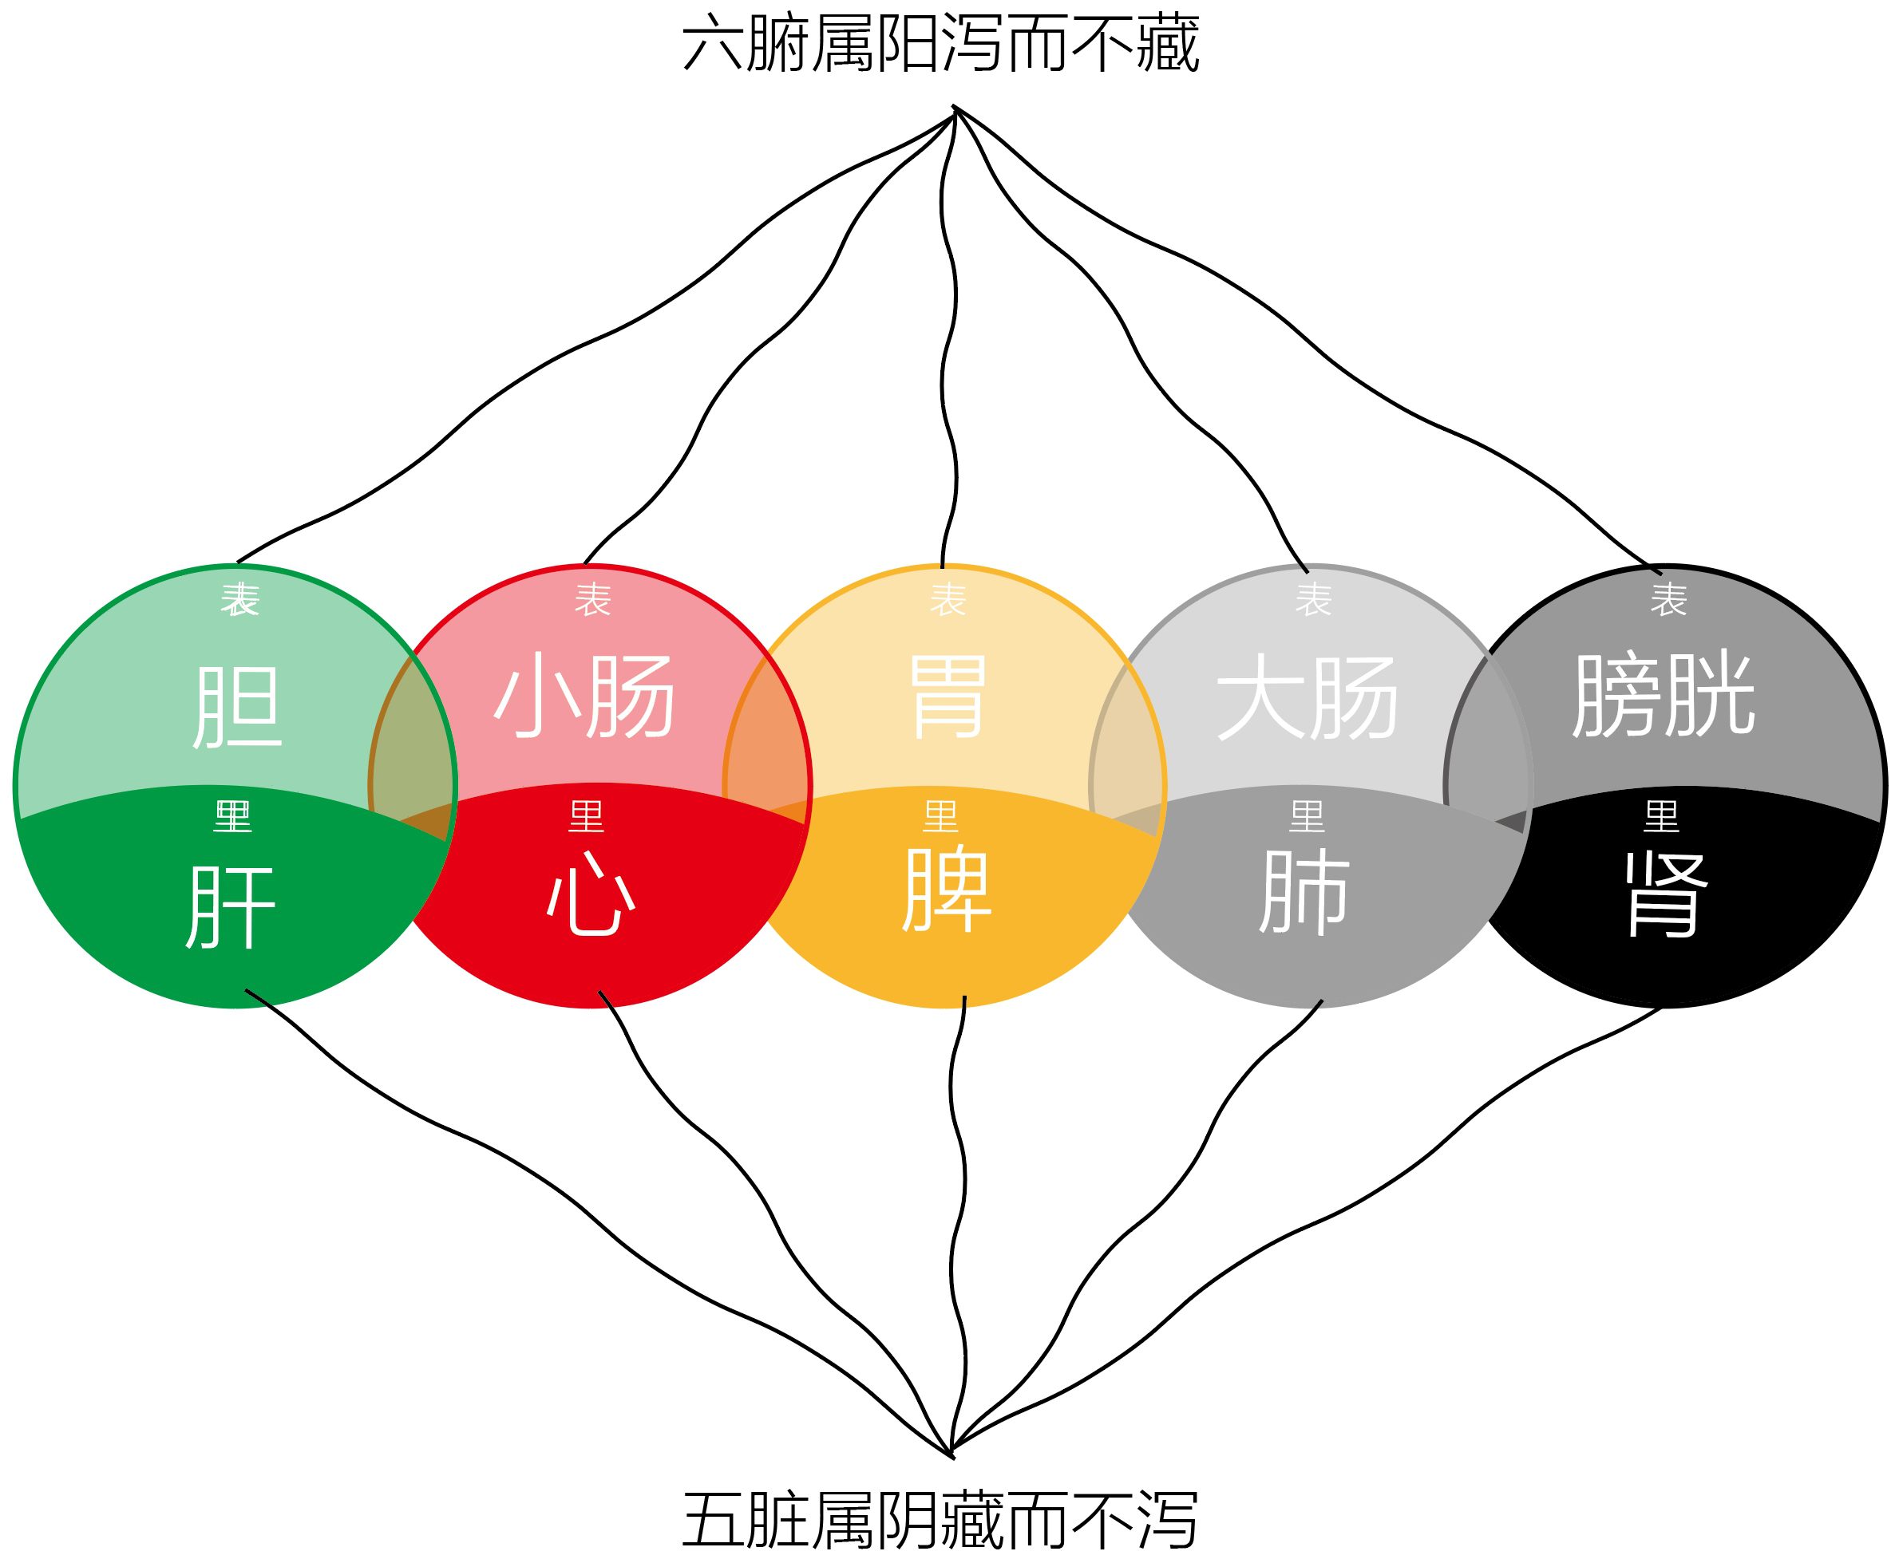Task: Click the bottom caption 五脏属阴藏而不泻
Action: [940, 1518]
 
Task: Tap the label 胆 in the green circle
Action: [237, 707]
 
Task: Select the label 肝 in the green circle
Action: [231, 906]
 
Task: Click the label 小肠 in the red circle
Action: [585, 696]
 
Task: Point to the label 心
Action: [591, 894]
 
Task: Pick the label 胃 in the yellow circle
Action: [948, 696]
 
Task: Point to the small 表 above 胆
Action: [239, 599]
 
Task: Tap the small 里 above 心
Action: [587, 816]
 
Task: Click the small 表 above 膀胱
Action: [1668, 599]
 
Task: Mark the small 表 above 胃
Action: [948, 599]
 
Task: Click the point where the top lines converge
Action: [955, 109]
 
